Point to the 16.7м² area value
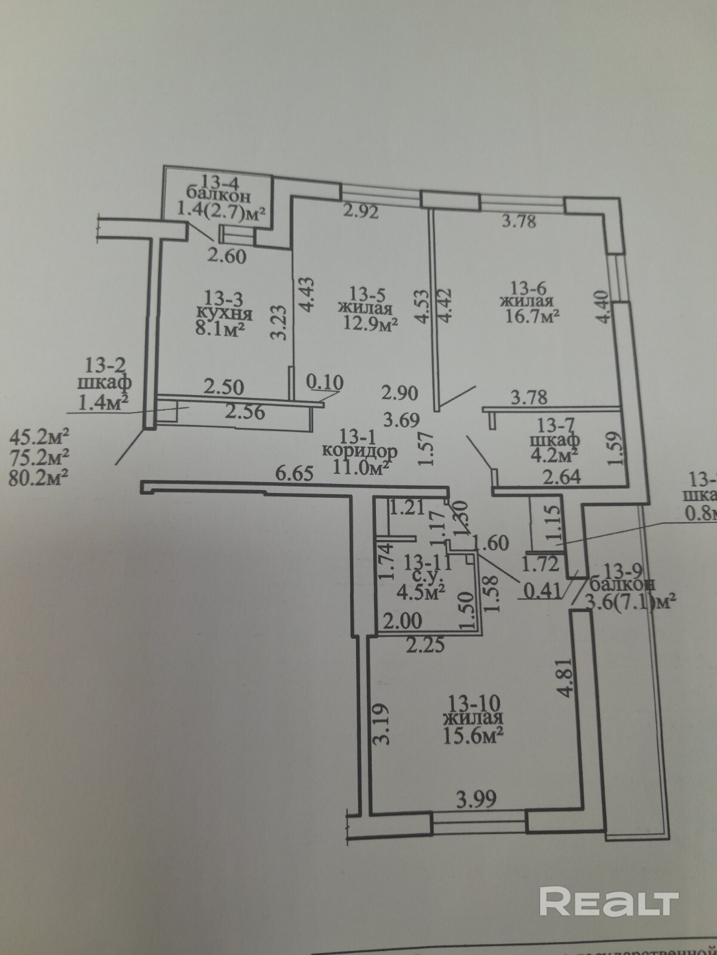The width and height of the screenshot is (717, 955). [531, 317]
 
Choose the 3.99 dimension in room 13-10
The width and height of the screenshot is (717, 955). [476, 799]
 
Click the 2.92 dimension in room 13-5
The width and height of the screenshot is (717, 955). [360, 211]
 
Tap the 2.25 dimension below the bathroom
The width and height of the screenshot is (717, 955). [425, 645]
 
